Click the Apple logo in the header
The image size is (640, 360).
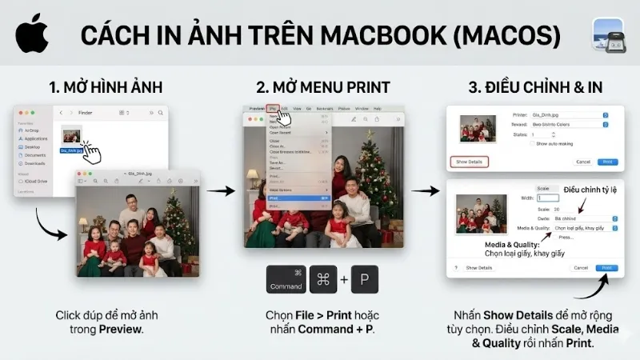click(x=31, y=33)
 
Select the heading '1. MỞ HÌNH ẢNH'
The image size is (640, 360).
click(x=106, y=86)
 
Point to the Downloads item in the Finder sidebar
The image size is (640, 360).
click(x=34, y=163)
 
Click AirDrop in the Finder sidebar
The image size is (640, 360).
click(x=33, y=130)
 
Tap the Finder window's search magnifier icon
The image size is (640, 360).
click(x=160, y=113)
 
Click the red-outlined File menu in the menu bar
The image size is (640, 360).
click(x=273, y=107)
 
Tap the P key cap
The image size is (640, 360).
click(x=364, y=279)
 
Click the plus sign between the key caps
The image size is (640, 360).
click(x=343, y=280)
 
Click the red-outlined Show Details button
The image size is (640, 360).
click(x=469, y=162)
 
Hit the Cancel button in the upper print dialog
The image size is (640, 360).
click(x=583, y=162)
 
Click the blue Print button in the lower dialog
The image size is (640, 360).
click(x=606, y=267)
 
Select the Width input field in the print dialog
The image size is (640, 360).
click(x=549, y=198)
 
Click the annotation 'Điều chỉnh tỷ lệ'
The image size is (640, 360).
click(x=590, y=190)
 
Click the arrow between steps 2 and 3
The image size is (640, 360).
click(x=430, y=190)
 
